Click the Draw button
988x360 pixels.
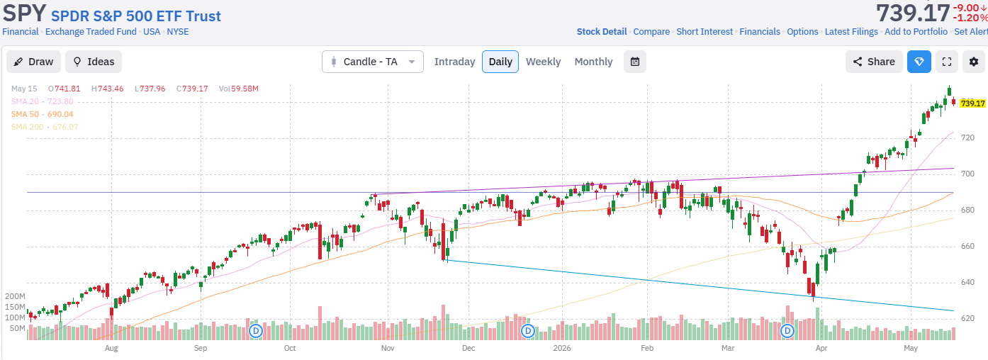pyautogui.click(x=33, y=62)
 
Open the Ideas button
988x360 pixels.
pyautogui.click(x=94, y=62)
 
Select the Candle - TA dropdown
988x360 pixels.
pyautogui.click(x=373, y=62)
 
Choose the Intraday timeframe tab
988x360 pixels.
pyautogui.click(x=454, y=62)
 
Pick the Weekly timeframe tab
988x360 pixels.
pyautogui.click(x=543, y=62)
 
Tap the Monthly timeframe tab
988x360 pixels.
pyautogui.click(x=593, y=62)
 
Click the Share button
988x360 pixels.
pyautogui.click(x=874, y=62)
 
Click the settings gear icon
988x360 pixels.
pyautogui.click(x=974, y=62)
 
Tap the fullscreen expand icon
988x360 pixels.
pyautogui.click(x=947, y=62)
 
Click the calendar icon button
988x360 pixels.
pyautogui.click(x=635, y=62)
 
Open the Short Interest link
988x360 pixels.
pyautogui.click(x=704, y=32)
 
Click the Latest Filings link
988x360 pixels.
pyautogui.click(x=851, y=32)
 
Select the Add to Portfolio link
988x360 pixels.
pyautogui.click(x=916, y=32)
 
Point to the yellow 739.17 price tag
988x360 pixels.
pyautogui.click(x=972, y=103)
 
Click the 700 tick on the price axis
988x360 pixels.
pyautogui.click(x=967, y=174)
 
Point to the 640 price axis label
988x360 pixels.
pyautogui.click(x=967, y=282)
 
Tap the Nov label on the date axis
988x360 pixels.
pyautogui.click(x=388, y=348)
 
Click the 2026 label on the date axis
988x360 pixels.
pyautogui.click(x=562, y=348)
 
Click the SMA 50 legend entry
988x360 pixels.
pyautogui.click(x=43, y=114)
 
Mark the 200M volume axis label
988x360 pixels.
pyautogui.click(x=15, y=296)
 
